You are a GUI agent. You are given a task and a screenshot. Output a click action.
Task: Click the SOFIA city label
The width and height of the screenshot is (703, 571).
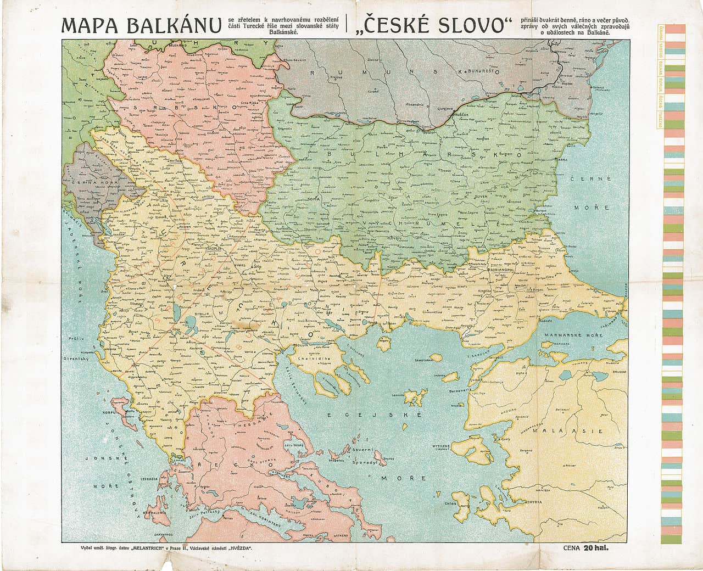tap(313, 199)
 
